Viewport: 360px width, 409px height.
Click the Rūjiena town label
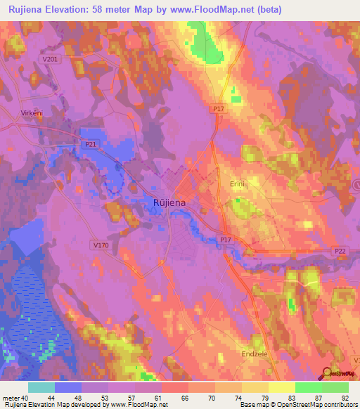170,203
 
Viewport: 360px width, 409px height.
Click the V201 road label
50,60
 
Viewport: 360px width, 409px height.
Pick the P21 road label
91,144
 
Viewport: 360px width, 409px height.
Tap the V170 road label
101,245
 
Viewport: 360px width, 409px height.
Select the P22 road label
341,250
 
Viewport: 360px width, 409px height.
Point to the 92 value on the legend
345,398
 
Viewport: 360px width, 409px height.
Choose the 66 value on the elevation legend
185,398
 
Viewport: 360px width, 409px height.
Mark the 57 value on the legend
131,398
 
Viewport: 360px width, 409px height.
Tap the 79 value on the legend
264,398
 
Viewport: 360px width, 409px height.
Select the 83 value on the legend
291,398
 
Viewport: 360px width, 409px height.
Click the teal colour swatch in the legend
41,387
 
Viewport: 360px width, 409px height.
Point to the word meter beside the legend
11,398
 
